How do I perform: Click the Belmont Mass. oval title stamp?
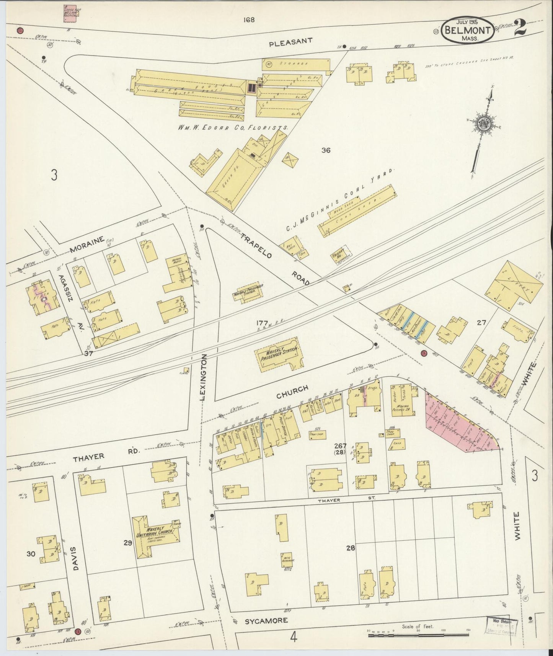[x=467, y=30]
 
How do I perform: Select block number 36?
[x=326, y=150]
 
